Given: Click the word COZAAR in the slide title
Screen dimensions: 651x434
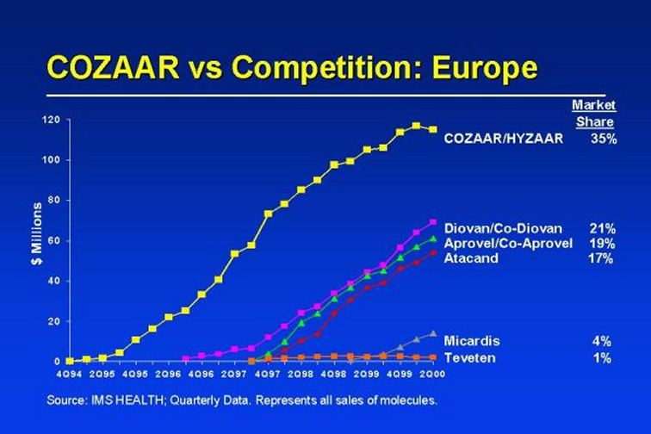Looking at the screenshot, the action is (114, 67).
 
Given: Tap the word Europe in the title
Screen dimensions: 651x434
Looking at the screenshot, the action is (485, 69).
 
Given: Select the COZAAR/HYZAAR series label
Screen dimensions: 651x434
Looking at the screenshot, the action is (504, 139).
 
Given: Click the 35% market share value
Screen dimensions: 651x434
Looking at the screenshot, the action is (604, 139).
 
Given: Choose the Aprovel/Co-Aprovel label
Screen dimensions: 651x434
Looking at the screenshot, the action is (508, 244).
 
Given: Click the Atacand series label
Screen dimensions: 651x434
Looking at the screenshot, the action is (471, 258).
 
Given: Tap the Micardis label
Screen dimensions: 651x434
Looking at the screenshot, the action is (472, 341).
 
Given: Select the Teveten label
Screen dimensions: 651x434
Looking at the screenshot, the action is (469, 357).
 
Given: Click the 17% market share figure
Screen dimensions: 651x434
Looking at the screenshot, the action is (600, 258).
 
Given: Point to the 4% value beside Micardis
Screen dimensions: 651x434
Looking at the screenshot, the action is (602, 341).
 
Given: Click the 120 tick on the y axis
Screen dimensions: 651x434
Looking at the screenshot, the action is (52, 120).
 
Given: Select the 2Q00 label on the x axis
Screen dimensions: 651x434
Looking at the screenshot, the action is (432, 374).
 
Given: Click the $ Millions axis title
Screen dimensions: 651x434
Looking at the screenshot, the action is (37, 233).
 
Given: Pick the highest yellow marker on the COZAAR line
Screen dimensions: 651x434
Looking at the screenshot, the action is (416, 126).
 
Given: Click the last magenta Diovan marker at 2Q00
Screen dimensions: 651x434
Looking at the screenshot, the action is (432, 222).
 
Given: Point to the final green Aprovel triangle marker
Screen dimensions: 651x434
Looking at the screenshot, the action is (432, 239).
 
